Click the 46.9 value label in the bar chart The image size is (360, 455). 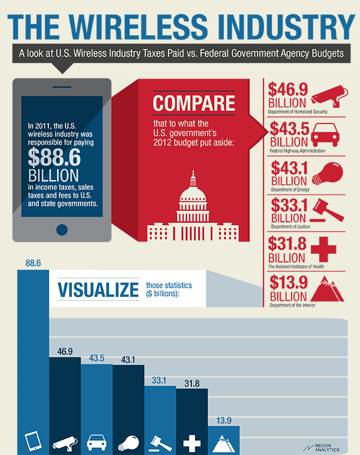coord(65,350)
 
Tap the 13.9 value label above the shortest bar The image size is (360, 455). coord(223,419)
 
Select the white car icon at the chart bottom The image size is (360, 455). coord(97,443)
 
